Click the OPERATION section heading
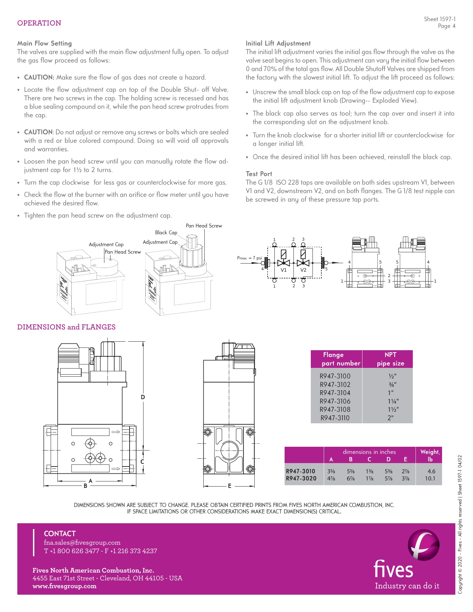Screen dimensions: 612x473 pos(39,23)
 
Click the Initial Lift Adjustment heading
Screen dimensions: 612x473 pos(278,43)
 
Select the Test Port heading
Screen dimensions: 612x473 pos(259,174)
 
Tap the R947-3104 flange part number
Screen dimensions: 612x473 pos(335,393)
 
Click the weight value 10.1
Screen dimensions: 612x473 pos(430,478)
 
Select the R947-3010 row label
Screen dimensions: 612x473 pos(301,471)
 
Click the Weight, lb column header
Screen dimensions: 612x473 pos(430,455)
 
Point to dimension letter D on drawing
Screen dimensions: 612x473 pos(143,397)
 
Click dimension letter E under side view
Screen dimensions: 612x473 pos(230,486)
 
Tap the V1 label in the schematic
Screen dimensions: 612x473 pos(284,270)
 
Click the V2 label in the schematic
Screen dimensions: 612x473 pos(303,270)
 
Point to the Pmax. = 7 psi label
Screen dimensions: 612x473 pos(249,258)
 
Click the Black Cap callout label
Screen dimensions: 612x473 pos(166,233)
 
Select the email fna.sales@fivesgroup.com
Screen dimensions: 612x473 pos(82,543)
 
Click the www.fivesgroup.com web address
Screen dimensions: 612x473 pos(64,586)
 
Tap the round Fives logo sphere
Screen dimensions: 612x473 pos(423,545)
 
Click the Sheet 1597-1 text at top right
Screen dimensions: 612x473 pos(439,19)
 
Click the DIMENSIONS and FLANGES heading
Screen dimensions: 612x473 pos(66,327)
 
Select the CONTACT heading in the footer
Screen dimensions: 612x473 pos(60,534)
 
